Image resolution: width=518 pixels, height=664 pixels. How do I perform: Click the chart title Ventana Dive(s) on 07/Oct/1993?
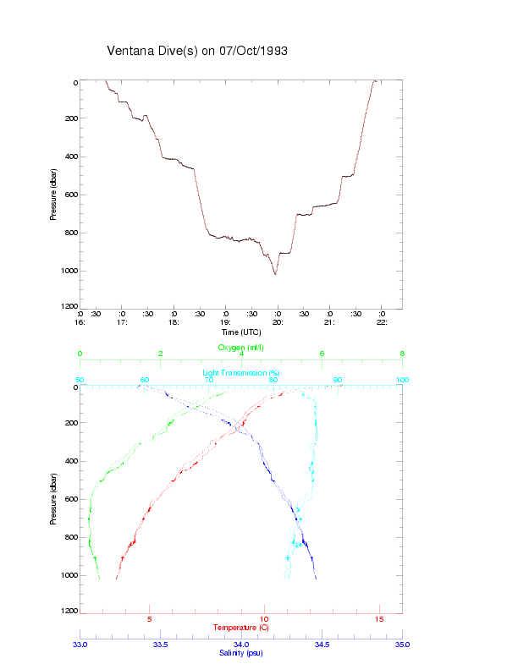[x=197, y=51]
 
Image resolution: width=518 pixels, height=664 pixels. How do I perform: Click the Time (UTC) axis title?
[x=241, y=332]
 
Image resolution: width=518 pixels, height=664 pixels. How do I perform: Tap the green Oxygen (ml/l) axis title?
[x=241, y=348]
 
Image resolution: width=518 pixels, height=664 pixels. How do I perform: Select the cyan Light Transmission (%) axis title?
[x=241, y=373]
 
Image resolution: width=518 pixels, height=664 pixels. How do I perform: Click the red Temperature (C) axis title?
[x=241, y=627]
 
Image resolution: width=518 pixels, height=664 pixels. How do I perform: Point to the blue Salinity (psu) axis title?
[x=241, y=653]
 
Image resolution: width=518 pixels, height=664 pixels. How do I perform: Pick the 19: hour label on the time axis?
[x=225, y=322]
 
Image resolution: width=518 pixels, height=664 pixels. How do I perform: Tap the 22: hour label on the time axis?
[x=382, y=322]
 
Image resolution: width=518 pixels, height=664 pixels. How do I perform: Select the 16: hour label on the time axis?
[x=80, y=322]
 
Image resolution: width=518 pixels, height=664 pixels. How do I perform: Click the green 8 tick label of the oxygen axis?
[x=402, y=354]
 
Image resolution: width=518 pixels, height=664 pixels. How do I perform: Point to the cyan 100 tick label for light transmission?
[x=403, y=380]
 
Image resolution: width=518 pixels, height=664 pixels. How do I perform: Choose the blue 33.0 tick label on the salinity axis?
[x=80, y=645]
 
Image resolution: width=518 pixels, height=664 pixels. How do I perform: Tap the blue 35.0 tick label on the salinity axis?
[x=403, y=645]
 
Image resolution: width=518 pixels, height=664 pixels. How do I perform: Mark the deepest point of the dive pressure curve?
[x=275, y=274]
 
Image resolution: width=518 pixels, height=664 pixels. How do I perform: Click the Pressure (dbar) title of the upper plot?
[x=53, y=195]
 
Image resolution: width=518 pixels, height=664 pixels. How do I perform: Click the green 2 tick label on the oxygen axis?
[x=161, y=354]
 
